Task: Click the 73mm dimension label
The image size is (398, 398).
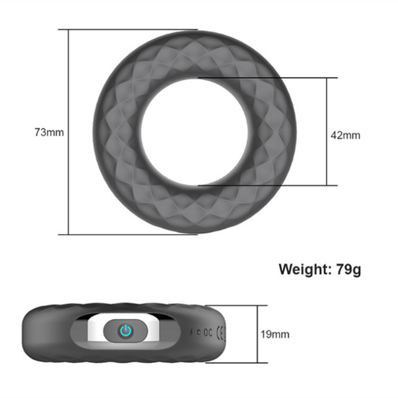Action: [49, 132]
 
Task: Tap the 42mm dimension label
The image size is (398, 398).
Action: [345, 135]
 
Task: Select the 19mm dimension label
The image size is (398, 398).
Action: [275, 334]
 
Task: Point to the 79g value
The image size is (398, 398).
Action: [349, 269]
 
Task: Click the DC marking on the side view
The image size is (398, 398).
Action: [207, 333]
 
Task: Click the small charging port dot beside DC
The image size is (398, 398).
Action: [198, 333]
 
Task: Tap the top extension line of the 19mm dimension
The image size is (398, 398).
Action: [244, 305]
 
